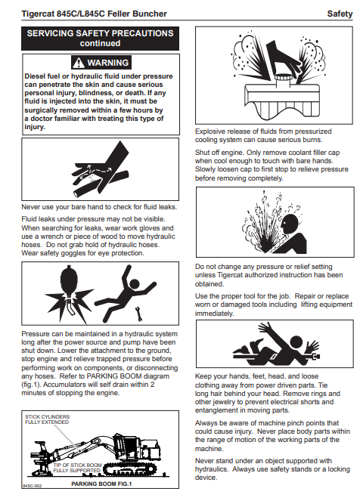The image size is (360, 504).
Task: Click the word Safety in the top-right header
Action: (x=340, y=14)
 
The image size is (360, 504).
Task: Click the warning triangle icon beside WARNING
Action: (x=78, y=63)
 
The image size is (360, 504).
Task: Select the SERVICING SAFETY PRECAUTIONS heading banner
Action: (x=100, y=39)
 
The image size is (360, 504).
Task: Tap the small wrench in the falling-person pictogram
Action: (x=139, y=314)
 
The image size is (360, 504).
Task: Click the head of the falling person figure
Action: (x=134, y=284)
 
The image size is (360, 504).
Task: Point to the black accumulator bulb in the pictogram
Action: (x=69, y=280)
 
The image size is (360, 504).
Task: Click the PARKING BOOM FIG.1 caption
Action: (x=101, y=484)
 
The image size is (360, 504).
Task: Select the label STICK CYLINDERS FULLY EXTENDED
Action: (x=47, y=419)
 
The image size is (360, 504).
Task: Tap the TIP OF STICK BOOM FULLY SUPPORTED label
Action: (x=77, y=468)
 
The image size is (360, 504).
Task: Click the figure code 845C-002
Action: (x=33, y=486)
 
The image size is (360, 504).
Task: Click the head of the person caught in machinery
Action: (x=296, y=342)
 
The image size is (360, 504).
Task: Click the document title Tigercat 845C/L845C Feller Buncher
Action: (x=94, y=14)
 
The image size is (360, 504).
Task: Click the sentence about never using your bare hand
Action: (x=99, y=207)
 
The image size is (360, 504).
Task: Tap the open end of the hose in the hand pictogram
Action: (x=77, y=193)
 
